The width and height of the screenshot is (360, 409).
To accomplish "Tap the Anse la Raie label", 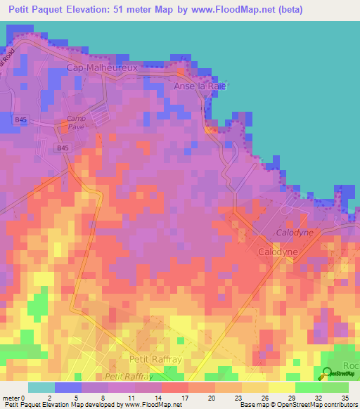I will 202,86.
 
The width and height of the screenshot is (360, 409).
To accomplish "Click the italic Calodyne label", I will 294,232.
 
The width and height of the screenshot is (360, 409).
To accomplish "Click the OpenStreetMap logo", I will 337,375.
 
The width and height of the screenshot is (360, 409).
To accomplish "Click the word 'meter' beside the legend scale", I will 11,398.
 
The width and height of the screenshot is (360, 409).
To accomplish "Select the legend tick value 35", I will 344,398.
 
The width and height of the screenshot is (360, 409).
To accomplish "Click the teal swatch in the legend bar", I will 41,387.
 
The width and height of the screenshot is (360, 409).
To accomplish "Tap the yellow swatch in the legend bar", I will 281,387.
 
